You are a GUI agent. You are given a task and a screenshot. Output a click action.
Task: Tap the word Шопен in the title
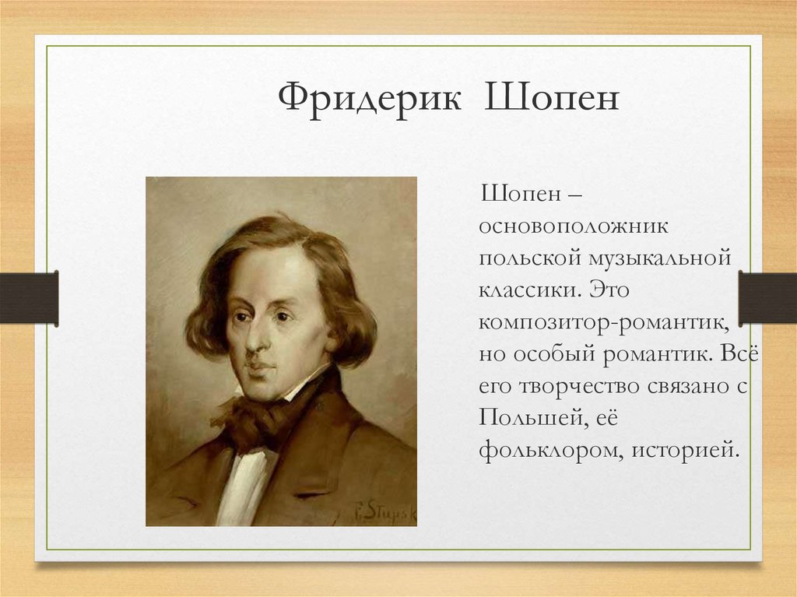point(552,96)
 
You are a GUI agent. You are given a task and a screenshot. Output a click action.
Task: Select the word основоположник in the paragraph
point(574,226)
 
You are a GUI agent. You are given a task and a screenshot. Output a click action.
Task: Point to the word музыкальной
point(660,259)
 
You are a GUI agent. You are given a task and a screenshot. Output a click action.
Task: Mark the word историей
point(685,450)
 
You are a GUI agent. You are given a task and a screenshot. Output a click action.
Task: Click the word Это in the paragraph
point(610,290)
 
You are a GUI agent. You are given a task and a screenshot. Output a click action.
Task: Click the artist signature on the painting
point(384,511)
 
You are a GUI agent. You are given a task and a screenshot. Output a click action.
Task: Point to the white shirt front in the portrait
point(242,486)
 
